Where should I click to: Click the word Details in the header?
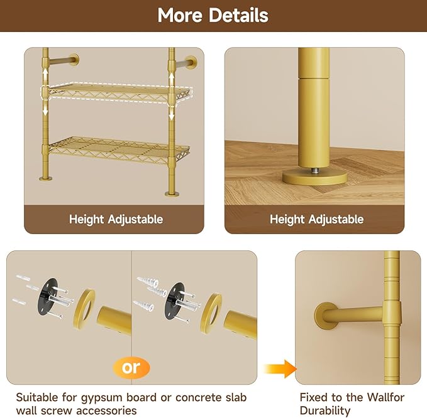click(x=238, y=15)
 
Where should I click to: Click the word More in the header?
click(x=180, y=15)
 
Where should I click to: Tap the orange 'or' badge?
click(x=131, y=368)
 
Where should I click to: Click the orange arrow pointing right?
click(x=280, y=369)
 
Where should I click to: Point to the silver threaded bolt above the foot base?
click(x=315, y=171)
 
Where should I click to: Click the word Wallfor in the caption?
click(x=385, y=397)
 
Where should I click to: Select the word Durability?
click(x=325, y=410)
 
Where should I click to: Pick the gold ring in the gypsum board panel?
click(x=84, y=310)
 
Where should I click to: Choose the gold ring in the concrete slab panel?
click(x=211, y=313)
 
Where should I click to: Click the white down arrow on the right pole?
click(x=172, y=114)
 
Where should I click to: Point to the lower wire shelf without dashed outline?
click(x=118, y=150)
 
